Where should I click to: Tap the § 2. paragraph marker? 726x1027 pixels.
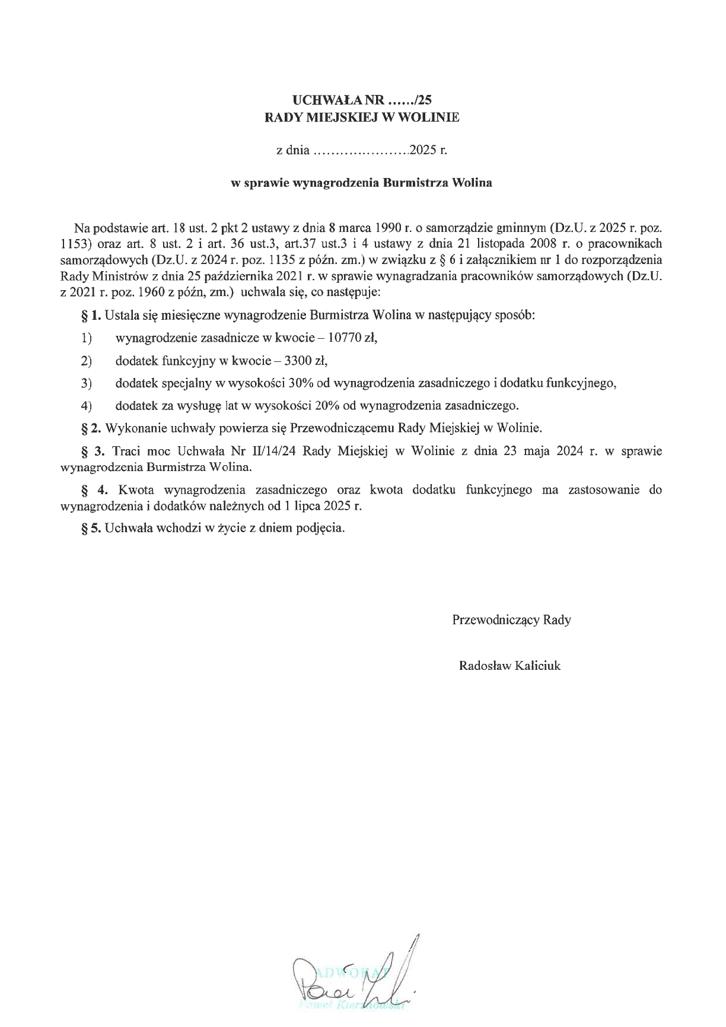91,427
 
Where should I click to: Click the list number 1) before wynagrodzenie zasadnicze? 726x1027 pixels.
87,339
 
